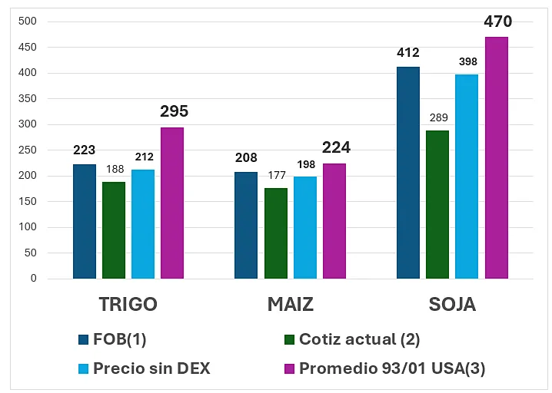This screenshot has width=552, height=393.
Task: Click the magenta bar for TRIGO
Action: [x=172, y=203]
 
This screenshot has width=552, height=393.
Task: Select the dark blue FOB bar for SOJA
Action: [x=408, y=173]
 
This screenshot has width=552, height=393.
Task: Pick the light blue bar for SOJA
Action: [x=467, y=177]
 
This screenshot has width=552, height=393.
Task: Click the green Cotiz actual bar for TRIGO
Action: [x=114, y=230]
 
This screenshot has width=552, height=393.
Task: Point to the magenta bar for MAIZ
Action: [x=334, y=221]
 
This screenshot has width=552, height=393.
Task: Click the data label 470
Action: [x=497, y=21]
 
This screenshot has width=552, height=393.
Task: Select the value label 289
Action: [x=437, y=118]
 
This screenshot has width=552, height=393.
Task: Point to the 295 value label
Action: [x=174, y=111]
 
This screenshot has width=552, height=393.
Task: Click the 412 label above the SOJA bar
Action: [x=407, y=53]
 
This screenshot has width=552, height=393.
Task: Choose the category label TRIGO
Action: [x=128, y=305]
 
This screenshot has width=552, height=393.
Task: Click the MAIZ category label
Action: [x=290, y=305]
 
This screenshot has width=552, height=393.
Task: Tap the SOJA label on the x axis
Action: [x=452, y=305]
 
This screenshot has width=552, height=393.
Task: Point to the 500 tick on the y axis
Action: [x=28, y=21]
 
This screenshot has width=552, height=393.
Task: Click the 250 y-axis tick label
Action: [x=28, y=150]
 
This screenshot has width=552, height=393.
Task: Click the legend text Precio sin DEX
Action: [x=151, y=368]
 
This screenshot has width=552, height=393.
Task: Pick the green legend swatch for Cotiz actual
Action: [x=289, y=339]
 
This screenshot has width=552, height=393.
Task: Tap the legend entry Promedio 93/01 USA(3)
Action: [x=392, y=368]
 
